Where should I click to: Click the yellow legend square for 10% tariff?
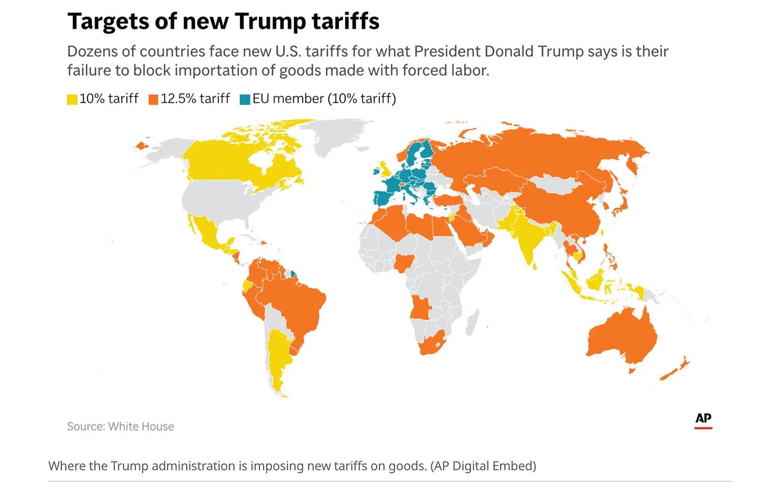click(72, 99)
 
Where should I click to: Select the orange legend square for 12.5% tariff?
click(153, 99)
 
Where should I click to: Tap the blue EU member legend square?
click(245, 99)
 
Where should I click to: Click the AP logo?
click(703, 421)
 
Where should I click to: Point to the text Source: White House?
click(121, 426)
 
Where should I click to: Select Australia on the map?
click(621, 336)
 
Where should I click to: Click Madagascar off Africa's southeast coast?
click(472, 322)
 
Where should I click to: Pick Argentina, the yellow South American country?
click(278, 360)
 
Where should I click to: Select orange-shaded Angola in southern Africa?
click(420, 307)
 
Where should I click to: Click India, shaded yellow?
click(524, 234)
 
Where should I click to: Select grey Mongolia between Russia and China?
click(553, 184)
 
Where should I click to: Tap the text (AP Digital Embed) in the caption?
click(483, 466)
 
